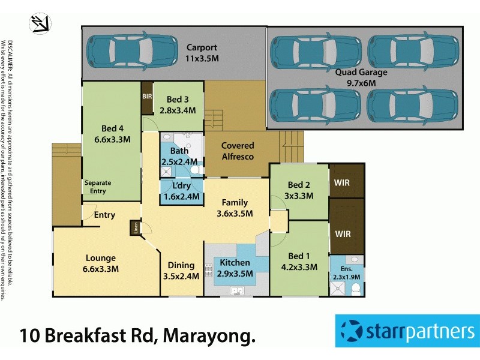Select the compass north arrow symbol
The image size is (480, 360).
[40, 24]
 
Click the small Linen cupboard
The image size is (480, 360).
[136, 229]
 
